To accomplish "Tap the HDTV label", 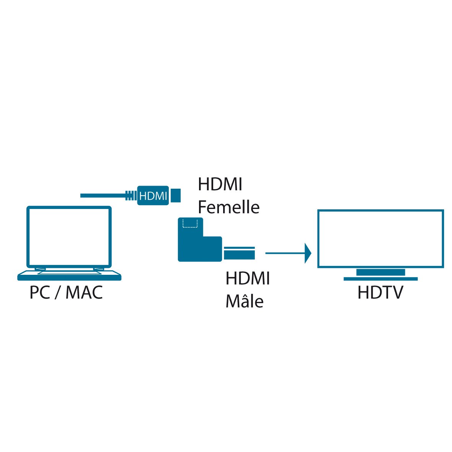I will click(x=380, y=293).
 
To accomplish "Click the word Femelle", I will click(x=228, y=207).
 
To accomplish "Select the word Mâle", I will click(x=245, y=301).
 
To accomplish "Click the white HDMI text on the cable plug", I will click(x=153, y=196).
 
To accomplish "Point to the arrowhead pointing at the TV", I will click(x=308, y=253).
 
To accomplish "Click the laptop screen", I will click(x=69, y=236).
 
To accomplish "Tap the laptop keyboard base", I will click(x=69, y=276).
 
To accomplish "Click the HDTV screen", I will click(x=380, y=238).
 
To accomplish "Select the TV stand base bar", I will click(x=380, y=279).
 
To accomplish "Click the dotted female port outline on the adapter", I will click(x=190, y=223).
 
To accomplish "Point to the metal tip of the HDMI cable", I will click(x=176, y=196).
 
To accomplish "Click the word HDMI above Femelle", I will click(x=220, y=184).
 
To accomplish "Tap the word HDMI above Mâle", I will click(x=248, y=278).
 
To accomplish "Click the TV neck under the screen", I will click(x=380, y=272).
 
